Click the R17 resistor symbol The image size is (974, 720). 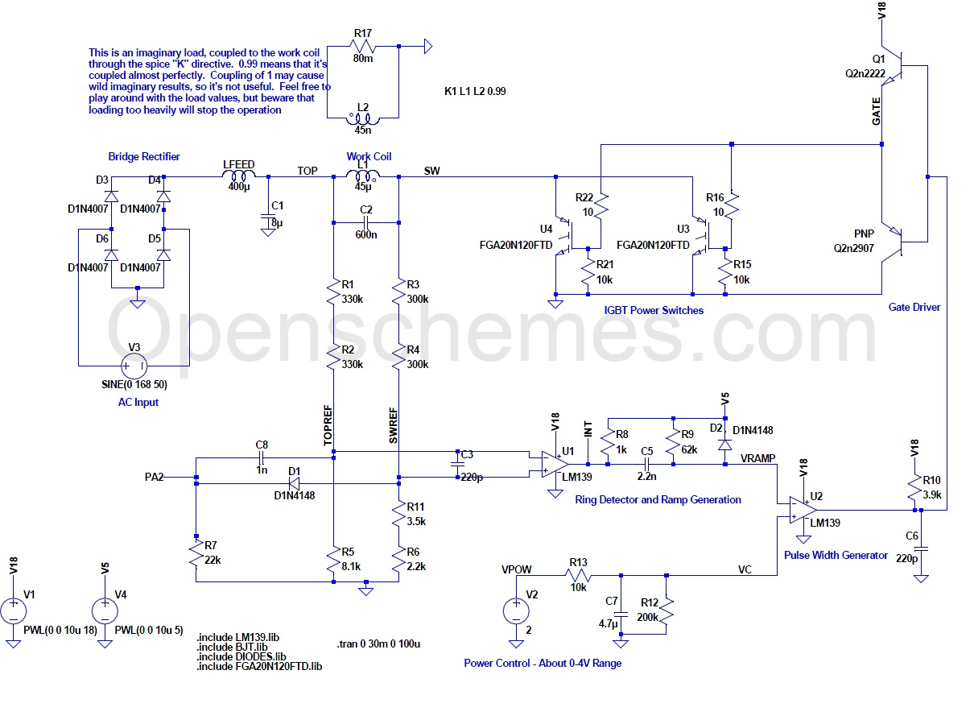coord(362,46)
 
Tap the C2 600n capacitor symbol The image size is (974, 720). coord(365,222)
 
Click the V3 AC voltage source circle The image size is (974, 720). coord(134,366)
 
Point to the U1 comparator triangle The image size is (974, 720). coord(554,464)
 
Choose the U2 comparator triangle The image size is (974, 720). coord(803,510)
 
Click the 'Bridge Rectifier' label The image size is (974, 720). coord(144,156)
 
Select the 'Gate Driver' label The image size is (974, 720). coord(914,307)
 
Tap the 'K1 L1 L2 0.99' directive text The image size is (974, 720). coord(475,91)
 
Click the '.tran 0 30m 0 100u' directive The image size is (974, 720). coord(378,644)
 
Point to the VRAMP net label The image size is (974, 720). coord(758,458)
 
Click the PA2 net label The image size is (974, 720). coord(154,477)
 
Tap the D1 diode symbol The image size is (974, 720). coord(295,483)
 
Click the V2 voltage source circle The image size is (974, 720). coord(515,610)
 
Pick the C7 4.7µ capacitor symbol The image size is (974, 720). coord(621,614)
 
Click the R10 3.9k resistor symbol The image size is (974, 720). coord(914,487)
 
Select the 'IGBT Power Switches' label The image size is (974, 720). coord(653,310)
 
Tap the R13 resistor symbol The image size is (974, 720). coord(578,575)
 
